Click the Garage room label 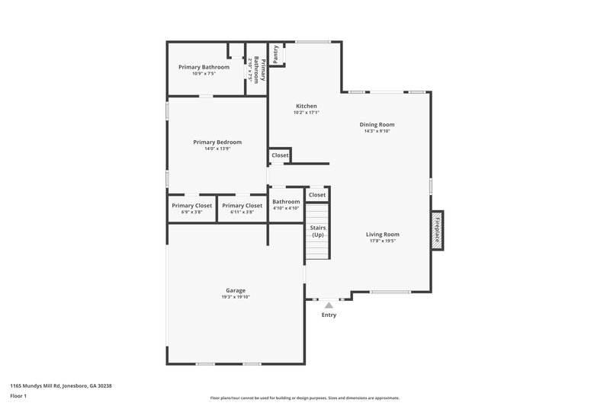[x=235, y=290]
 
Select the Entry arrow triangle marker [x=329, y=305]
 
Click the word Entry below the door [x=329, y=315]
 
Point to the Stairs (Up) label [x=317, y=231]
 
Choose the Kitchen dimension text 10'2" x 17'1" [x=306, y=113]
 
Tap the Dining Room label [x=377, y=124]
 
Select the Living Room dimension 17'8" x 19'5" [x=383, y=241]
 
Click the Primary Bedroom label [x=217, y=142]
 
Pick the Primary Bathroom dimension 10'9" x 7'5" [x=204, y=74]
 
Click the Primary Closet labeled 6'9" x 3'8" [x=192, y=206]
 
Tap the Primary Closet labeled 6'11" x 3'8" [x=242, y=206]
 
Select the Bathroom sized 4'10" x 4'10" [x=286, y=202]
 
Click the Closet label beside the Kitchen [x=280, y=155]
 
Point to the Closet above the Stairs [x=317, y=195]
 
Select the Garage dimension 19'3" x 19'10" [x=235, y=297]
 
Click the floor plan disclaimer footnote [x=305, y=398]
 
